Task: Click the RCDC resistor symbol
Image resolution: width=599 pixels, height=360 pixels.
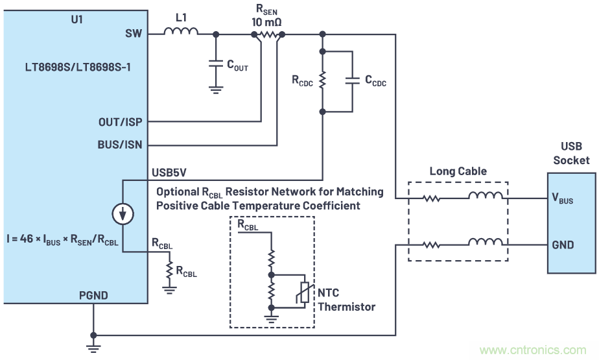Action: pyautogui.click(x=322, y=82)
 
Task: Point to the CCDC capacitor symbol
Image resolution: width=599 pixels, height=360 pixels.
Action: pyautogui.click(x=351, y=81)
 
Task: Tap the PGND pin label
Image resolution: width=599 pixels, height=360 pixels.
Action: pyautogui.click(x=95, y=295)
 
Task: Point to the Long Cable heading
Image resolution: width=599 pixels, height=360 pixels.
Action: pyautogui.click(x=457, y=172)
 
